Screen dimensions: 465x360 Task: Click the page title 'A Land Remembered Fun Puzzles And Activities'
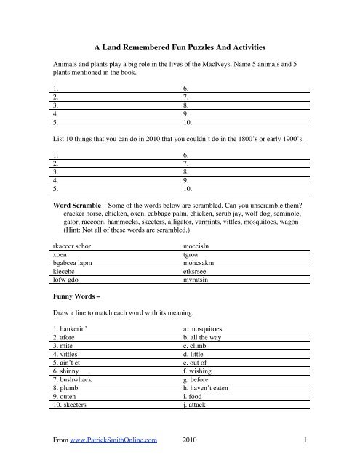180,46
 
